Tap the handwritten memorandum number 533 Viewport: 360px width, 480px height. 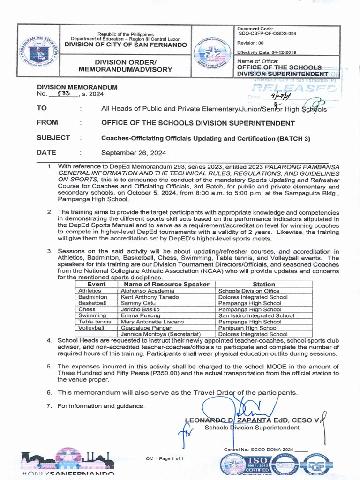point(64,94)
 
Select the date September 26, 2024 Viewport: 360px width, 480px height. point(134,153)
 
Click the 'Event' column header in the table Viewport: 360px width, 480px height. point(97,284)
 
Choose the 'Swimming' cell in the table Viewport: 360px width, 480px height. point(92,315)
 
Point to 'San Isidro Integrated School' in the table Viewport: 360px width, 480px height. point(256,315)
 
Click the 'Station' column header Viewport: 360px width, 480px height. point(263,284)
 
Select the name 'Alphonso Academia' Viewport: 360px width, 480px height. point(148,291)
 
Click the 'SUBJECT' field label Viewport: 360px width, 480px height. point(53,138)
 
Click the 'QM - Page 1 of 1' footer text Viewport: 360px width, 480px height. point(165,458)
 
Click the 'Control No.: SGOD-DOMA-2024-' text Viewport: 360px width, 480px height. point(259,450)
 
